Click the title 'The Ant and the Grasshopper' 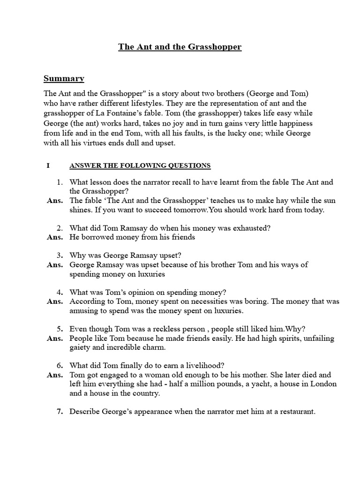click(180, 47)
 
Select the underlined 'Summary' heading click(63, 78)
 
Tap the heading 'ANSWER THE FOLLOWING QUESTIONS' click(140, 165)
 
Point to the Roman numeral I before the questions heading click(48, 165)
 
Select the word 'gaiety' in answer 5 click(80, 347)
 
